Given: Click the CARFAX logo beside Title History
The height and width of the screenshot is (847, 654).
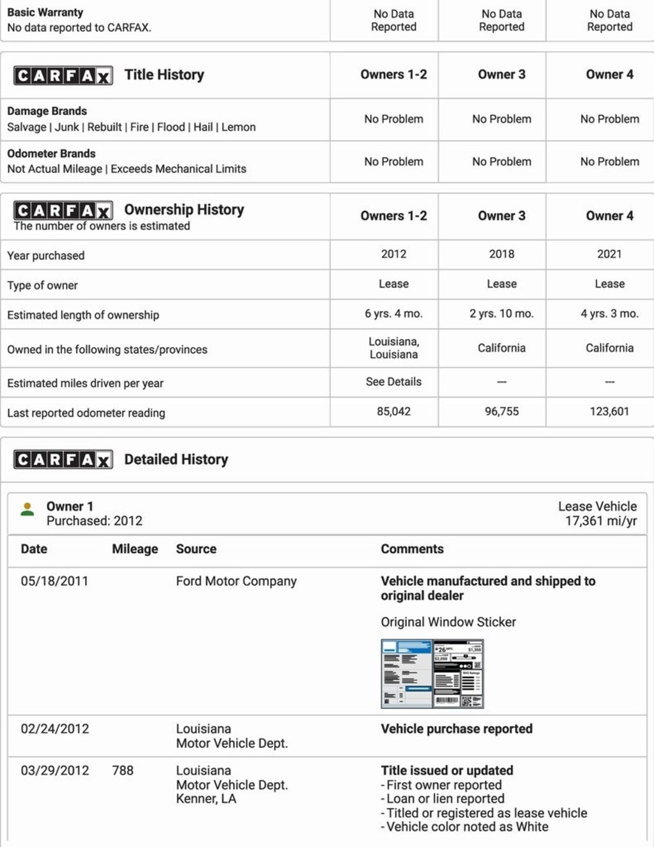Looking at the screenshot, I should pos(63,76).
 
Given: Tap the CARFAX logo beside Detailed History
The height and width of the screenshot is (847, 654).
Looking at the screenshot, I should pos(63,460).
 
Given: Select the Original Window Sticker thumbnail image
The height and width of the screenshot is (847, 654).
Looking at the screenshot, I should pos(432,674).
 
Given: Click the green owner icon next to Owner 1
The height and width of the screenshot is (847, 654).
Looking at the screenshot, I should pos(27,509).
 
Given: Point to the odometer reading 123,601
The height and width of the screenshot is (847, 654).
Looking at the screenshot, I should pos(609,411).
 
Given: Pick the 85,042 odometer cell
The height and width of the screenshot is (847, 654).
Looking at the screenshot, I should pos(393,411).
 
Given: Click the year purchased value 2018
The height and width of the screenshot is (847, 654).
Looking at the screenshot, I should pos(501,254).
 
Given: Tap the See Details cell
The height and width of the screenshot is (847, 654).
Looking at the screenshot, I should pos(393,382).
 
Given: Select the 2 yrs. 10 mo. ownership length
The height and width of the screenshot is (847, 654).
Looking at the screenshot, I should pos(501,314).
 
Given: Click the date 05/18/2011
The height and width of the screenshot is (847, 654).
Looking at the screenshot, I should pos(54,581).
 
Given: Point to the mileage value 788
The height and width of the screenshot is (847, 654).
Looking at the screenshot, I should pos(123,770).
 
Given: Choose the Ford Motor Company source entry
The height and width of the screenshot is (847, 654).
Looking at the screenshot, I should pos(236,581).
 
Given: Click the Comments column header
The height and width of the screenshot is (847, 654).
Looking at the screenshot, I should pos(412,549).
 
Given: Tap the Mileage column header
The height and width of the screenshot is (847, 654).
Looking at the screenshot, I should pos(135,549).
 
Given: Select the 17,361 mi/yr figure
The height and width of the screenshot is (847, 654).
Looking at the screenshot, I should pos(600,521).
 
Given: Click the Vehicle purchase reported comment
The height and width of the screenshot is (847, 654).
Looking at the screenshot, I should pos(457,729).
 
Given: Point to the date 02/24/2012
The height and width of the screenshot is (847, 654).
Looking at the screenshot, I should pos(55,729).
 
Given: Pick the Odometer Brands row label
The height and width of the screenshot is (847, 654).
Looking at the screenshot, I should pos(51,154).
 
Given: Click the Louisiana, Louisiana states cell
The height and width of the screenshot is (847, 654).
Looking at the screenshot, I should pos(393,348).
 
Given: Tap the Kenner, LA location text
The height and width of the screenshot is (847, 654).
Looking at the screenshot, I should pos(206,799).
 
